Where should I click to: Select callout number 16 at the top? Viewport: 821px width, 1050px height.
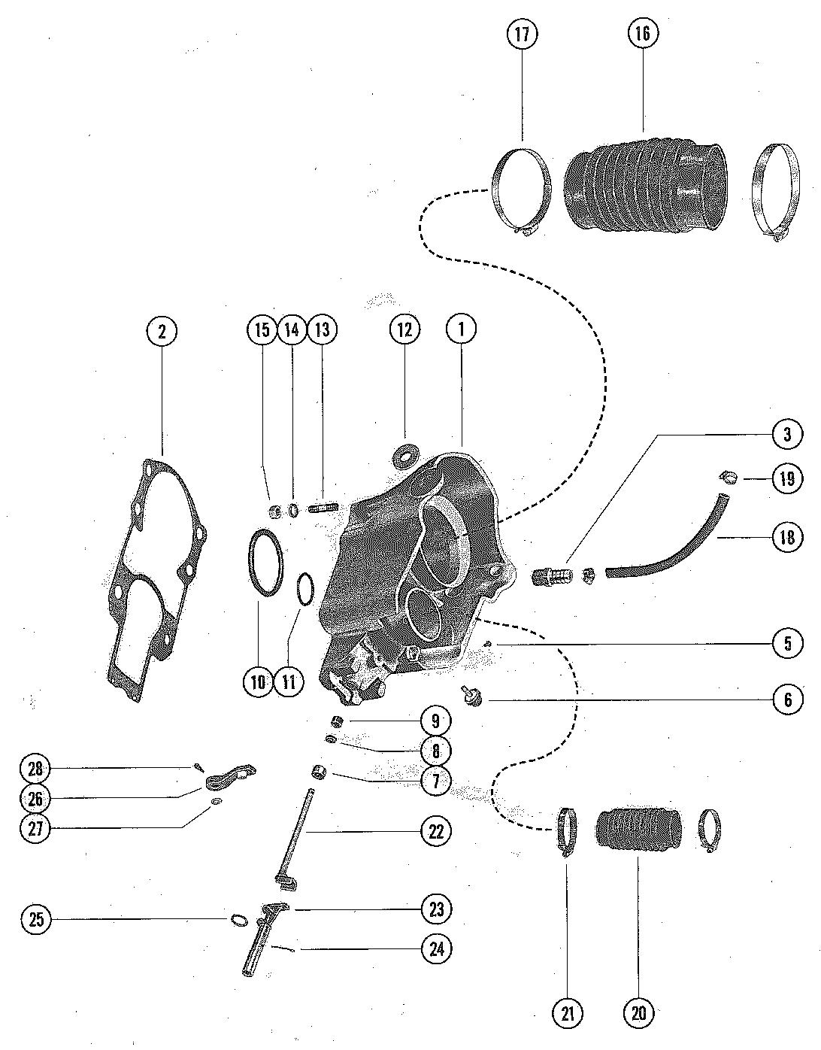[643, 34]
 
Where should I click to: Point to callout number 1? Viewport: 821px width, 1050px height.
[462, 329]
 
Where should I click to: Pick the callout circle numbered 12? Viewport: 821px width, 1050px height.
[404, 329]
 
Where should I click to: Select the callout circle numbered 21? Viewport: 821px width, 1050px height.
[568, 1013]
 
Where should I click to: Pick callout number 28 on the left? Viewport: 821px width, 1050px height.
[35, 769]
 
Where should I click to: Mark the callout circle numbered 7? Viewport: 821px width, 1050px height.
[436, 781]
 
